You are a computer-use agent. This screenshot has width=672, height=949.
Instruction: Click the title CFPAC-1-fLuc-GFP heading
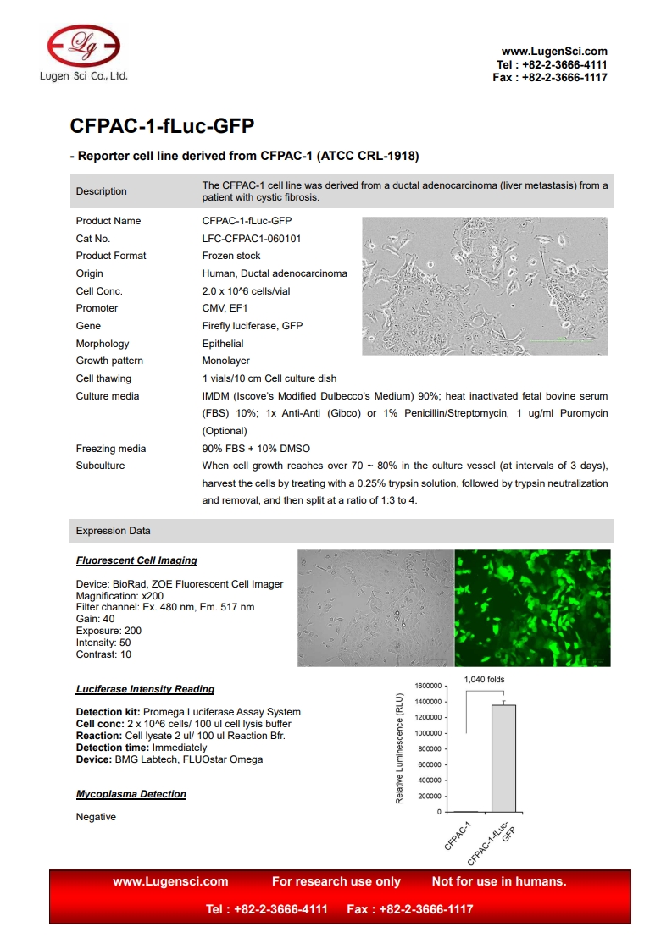coord(162,126)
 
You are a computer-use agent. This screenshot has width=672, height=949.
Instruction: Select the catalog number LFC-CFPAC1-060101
coord(251,239)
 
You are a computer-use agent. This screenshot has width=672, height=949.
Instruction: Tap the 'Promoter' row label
coord(97,308)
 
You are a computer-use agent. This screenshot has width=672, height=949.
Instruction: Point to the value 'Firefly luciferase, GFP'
coord(252,326)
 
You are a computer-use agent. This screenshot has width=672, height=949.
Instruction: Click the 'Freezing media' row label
coord(111,449)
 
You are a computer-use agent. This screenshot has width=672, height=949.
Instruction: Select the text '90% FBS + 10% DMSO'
coord(256,449)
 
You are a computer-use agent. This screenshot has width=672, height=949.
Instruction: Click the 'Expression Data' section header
coord(114,531)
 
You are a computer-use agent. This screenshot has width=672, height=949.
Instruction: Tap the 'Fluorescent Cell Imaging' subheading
coord(136,560)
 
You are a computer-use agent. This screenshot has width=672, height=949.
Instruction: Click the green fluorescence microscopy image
coord(532,608)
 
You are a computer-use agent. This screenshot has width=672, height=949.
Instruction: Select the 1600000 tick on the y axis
coord(428,686)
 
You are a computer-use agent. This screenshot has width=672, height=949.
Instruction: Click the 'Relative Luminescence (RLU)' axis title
coord(399,748)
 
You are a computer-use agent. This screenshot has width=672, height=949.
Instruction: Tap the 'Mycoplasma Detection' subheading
coord(131,794)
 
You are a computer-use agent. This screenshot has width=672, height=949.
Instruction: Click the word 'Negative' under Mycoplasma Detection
coord(96,817)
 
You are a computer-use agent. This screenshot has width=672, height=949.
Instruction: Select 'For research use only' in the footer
coord(336,881)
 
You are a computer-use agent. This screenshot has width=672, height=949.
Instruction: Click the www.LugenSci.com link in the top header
coord(554,52)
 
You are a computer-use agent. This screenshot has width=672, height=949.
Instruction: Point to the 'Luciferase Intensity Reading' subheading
coord(145,689)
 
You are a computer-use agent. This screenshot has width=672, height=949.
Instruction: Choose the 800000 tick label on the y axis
coord(430,749)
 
